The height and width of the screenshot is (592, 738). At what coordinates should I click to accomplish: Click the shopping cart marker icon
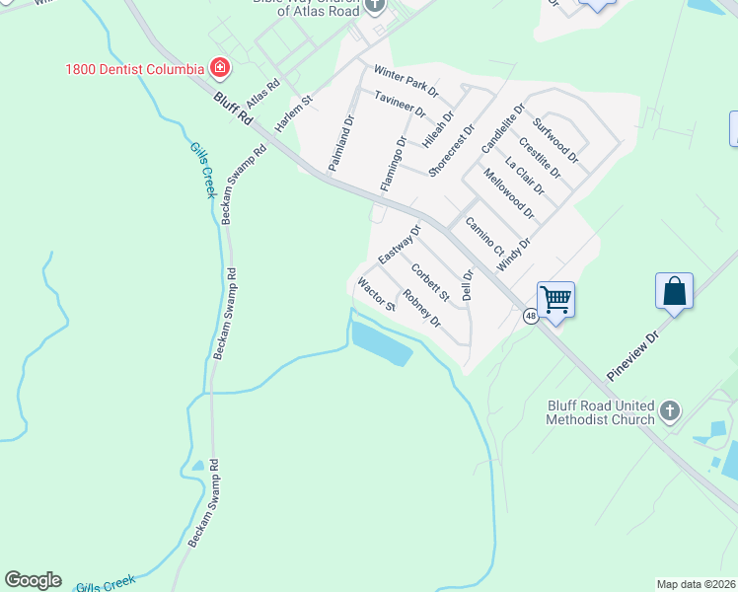(x=556, y=298)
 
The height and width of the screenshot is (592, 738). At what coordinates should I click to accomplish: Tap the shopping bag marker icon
(x=675, y=291)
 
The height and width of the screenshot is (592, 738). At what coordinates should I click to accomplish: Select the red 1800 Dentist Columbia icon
(x=220, y=68)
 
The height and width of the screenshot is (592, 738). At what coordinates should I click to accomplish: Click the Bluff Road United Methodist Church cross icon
(x=670, y=410)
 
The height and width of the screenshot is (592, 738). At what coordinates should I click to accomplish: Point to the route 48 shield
(x=531, y=316)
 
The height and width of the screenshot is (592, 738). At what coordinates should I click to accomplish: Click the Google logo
(x=33, y=580)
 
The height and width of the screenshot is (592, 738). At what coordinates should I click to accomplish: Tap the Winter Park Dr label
(x=405, y=82)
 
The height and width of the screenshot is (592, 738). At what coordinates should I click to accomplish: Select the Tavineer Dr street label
(x=400, y=105)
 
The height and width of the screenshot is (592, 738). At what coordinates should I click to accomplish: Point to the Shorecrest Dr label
(x=452, y=151)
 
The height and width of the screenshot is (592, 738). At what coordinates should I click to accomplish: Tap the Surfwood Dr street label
(x=554, y=140)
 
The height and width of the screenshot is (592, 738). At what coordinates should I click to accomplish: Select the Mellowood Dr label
(x=509, y=193)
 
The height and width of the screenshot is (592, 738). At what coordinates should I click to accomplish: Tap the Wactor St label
(x=376, y=294)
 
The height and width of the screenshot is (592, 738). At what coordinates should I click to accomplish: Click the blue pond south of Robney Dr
(x=381, y=344)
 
